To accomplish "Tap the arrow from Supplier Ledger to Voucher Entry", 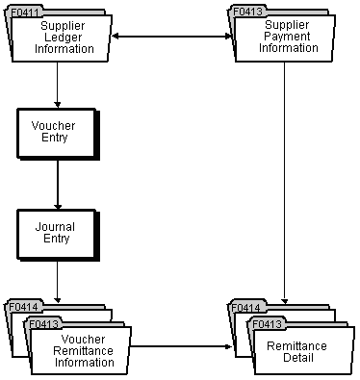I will [x=58, y=87].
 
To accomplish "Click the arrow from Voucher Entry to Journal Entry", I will [x=58, y=184].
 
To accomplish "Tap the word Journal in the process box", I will [x=53, y=226].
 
